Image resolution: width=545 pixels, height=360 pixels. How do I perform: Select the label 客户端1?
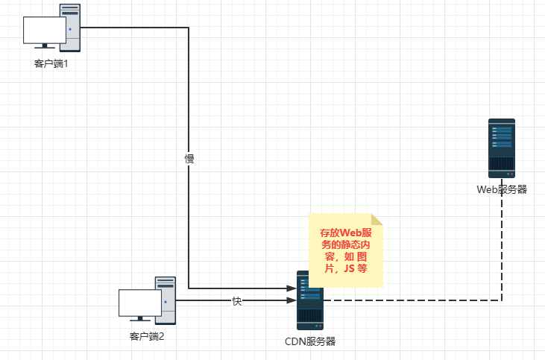(51, 64)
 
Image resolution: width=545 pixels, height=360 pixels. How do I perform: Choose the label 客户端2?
(147, 337)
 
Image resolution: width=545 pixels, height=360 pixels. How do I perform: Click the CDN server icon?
(310, 300)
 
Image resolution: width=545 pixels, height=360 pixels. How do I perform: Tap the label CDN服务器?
(310, 341)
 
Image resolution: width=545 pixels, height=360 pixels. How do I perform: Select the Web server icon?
(502, 148)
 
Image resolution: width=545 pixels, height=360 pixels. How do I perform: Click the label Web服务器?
(502, 189)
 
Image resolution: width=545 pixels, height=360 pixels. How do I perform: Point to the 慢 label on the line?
(189, 159)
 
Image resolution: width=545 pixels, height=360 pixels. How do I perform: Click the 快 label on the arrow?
(237, 301)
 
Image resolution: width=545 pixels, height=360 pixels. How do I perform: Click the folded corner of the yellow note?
(377, 218)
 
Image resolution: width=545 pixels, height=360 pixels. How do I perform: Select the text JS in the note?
(350, 270)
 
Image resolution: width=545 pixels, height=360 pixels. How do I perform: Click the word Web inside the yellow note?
(350, 233)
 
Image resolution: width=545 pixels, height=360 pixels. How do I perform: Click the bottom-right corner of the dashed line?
(502, 301)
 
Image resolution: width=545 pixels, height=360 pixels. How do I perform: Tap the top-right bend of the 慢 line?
(189, 28)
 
